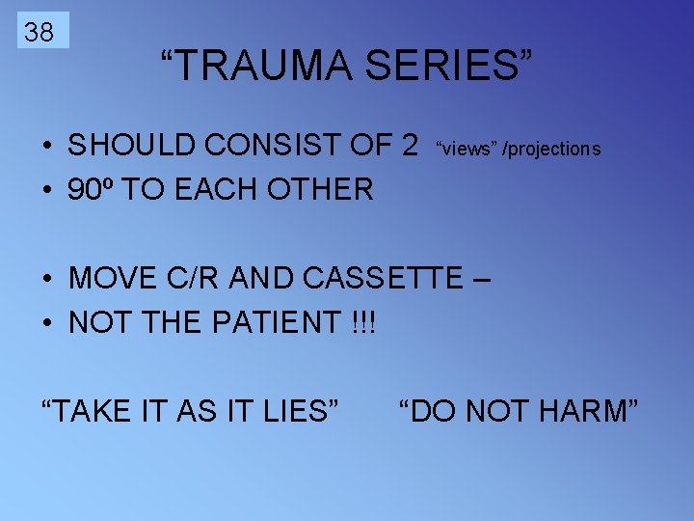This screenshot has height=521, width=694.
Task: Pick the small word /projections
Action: point(552,149)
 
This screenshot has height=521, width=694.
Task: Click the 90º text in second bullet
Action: point(90,189)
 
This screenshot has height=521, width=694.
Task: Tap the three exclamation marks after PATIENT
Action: point(361,322)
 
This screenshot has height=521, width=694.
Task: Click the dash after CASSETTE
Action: point(482,280)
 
